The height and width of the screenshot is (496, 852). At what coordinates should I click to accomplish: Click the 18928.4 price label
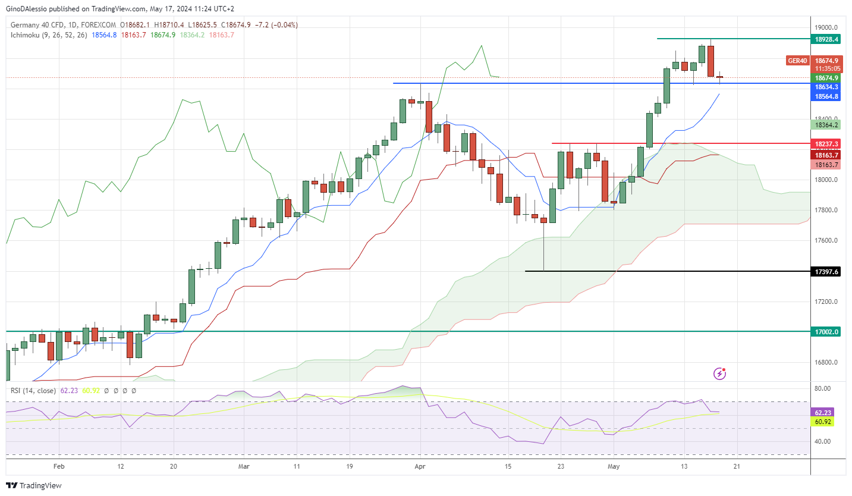[826, 39]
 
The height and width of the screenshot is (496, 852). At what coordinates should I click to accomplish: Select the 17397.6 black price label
[826, 272]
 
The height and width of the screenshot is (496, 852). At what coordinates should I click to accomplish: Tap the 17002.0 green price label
[826, 332]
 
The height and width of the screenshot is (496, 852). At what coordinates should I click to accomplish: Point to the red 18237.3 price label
[826, 144]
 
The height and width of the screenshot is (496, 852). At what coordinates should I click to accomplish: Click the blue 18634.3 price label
[826, 87]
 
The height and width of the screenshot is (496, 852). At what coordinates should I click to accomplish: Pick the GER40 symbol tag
[797, 61]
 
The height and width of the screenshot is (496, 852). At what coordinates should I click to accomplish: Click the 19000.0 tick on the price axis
[826, 27]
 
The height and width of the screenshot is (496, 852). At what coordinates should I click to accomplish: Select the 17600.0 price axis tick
[826, 241]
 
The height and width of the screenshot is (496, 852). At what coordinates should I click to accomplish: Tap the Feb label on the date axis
[58, 467]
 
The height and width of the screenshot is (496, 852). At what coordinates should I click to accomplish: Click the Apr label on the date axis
[420, 467]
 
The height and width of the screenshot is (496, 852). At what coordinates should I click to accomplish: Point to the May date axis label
[614, 467]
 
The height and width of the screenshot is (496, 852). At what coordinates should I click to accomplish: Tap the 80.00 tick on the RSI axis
[822, 389]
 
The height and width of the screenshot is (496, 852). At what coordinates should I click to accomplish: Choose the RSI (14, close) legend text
[33, 391]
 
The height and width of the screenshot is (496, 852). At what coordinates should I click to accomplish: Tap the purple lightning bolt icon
[719, 373]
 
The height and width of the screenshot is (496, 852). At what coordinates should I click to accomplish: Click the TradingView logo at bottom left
[34, 485]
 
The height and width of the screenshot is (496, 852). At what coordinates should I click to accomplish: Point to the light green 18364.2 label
[826, 125]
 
